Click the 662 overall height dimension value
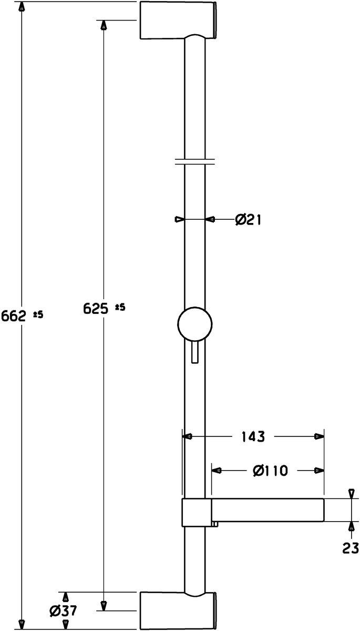pyautogui.click(x=14, y=316)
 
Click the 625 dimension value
pyautogui.click(x=96, y=309)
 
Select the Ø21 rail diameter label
pyautogui.click(x=248, y=219)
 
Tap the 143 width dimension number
pyautogui.click(x=253, y=436)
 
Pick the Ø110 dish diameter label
pyautogui.click(x=270, y=471)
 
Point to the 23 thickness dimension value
pyautogui.click(x=351, y=548)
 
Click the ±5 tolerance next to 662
pyautogui.click(x=38, y=314)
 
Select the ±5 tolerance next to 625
pyautogui.click(x=120, y=307)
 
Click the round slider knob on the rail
pyautogui.click(x=195, y=324)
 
